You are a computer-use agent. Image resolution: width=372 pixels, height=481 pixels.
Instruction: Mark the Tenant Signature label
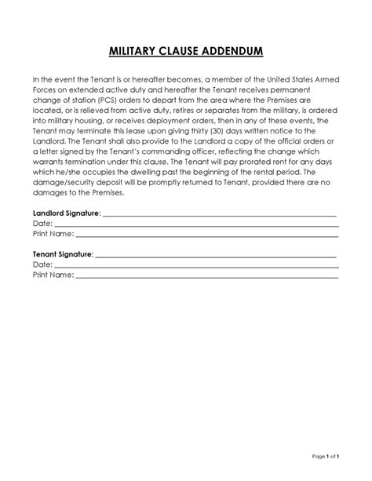coord(63,255)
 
